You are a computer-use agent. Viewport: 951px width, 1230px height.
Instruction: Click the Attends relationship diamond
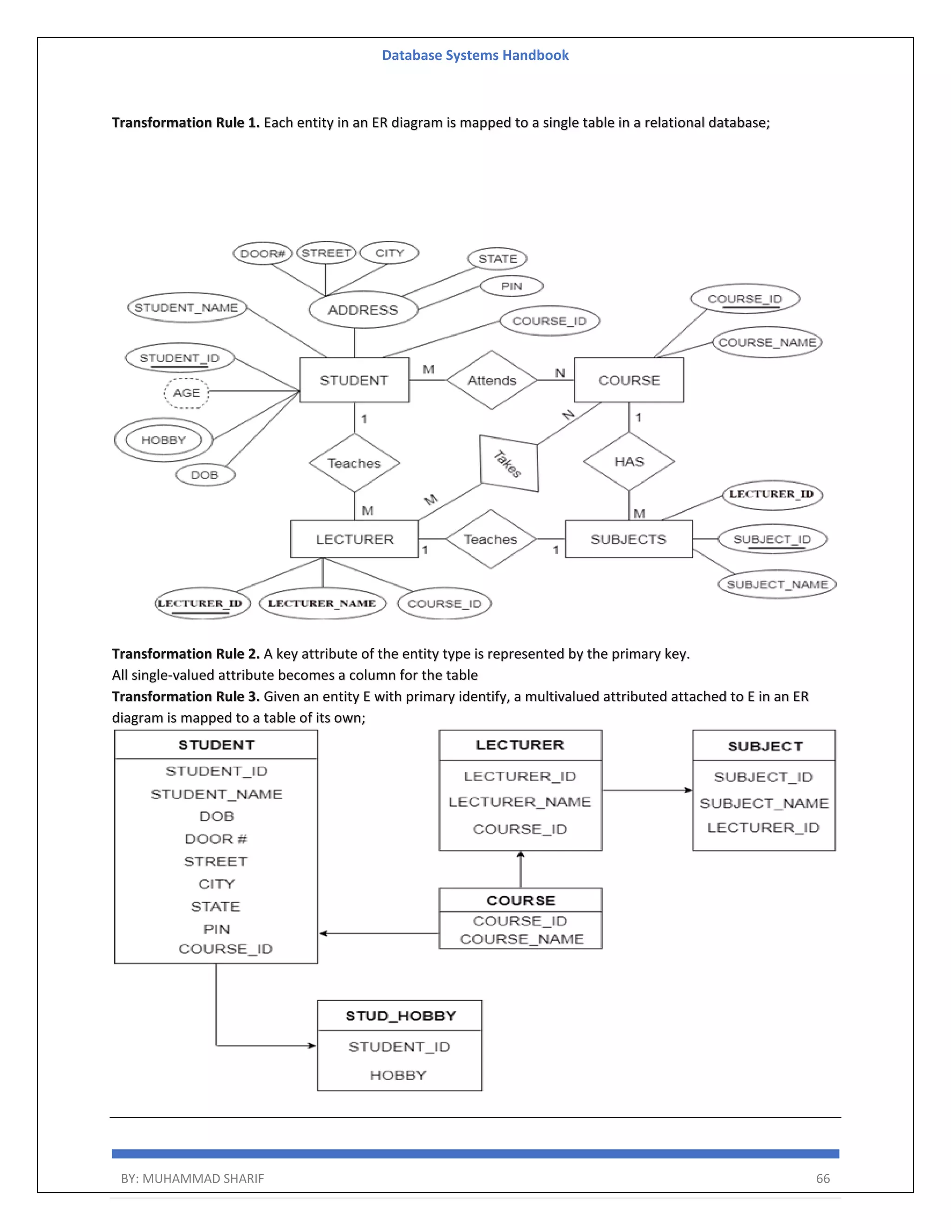(x=491, y=380)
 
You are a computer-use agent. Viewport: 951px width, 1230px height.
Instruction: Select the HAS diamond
(x=629, y=462)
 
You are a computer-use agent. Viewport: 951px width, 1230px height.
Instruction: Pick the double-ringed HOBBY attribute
(x=163, y=440)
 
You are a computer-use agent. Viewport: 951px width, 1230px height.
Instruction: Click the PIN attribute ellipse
(x=512, y=286)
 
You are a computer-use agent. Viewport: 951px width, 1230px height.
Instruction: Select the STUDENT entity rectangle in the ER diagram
(x=354, y=380)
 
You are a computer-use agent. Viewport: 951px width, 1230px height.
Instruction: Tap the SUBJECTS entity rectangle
(x=628, y=539)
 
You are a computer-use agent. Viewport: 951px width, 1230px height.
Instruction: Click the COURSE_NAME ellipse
(x=767, y=343)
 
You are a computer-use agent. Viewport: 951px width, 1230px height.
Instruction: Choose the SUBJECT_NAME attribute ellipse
(x=777, y=584)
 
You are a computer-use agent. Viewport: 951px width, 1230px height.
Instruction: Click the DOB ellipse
(x=204, y=475)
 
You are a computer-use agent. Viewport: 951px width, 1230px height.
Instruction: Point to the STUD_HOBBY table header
(x=400, y=1016)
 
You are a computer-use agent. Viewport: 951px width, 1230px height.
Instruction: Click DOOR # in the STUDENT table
(x=216, y=839)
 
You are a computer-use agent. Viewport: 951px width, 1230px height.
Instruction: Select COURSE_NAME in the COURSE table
(x=521, y=939)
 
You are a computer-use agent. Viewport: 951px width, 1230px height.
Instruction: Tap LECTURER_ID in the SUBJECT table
(x=763, y=827)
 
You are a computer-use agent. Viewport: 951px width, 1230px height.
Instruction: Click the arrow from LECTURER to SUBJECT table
(x=647, y=790)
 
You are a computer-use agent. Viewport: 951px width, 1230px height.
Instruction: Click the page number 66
(x=822, y=1178)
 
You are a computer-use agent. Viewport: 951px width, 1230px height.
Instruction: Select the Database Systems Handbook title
(x=475, y=55)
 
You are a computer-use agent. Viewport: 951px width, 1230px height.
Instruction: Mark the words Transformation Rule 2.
(x=185, y=654)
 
